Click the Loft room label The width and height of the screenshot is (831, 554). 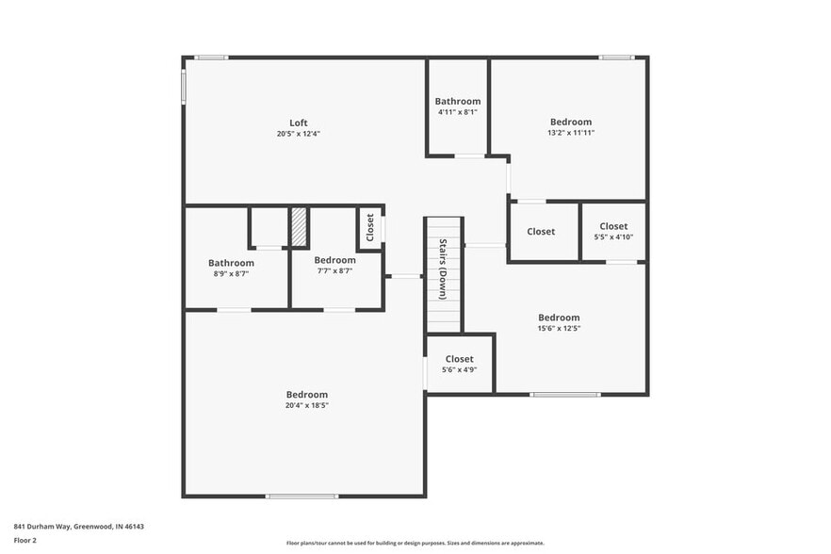[x=298, y=122]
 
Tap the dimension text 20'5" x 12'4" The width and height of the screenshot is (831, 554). [x=298, y=134]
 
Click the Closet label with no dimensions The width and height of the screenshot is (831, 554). [x=541, y=232]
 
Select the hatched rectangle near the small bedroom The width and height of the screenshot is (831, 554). [x=299, y=227]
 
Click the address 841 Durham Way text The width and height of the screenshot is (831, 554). [x=78, y=527]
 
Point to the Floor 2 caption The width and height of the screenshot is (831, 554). [x=24, y=541]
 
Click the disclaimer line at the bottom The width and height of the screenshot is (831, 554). [x=415, y=543]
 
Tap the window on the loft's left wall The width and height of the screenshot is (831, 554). [x=184, y=86]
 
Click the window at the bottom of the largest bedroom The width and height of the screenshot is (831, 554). [x=301, y=497]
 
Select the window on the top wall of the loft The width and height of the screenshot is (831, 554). [x=211, y=57]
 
